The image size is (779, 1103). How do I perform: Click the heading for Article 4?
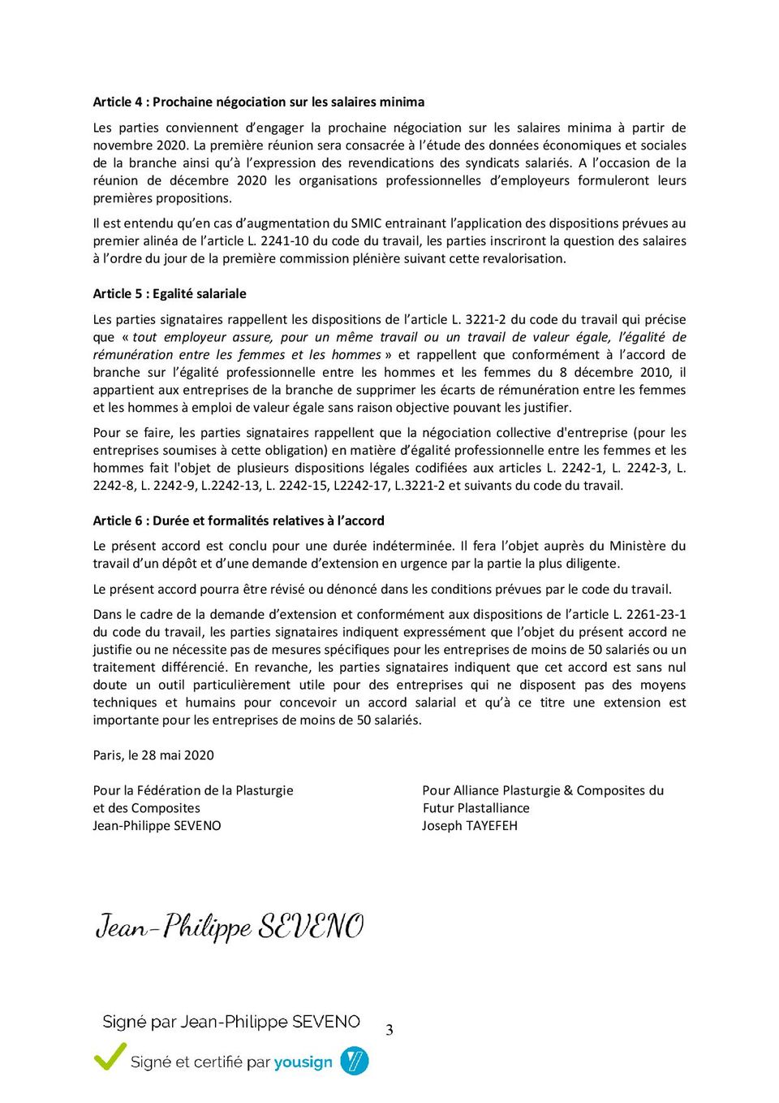click(258, 102)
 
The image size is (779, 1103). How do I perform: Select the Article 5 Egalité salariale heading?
click(170, 294)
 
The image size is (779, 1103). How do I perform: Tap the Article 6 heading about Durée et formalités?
click(239, 521)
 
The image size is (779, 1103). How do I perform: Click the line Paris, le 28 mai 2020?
click(153, 755)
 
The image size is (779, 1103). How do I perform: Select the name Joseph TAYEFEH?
click(469, 826)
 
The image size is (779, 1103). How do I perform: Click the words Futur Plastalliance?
click(476, 808)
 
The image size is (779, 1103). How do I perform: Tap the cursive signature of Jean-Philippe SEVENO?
click(230, 926)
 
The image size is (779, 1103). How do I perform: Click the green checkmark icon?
click(110, 1057)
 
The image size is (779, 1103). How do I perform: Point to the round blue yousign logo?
click(354, 1061)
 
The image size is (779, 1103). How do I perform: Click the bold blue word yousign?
click(303, 1062)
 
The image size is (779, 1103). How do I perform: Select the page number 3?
click(389, 1030)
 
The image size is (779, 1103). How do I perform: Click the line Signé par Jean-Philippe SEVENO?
click(231, 1022)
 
